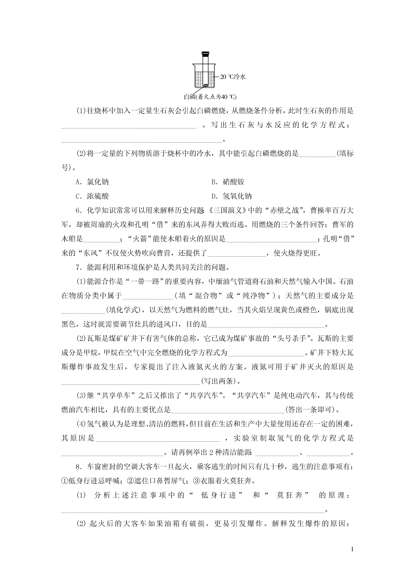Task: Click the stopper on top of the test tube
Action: [205, 54]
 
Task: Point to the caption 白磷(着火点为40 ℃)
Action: [210, 97]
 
